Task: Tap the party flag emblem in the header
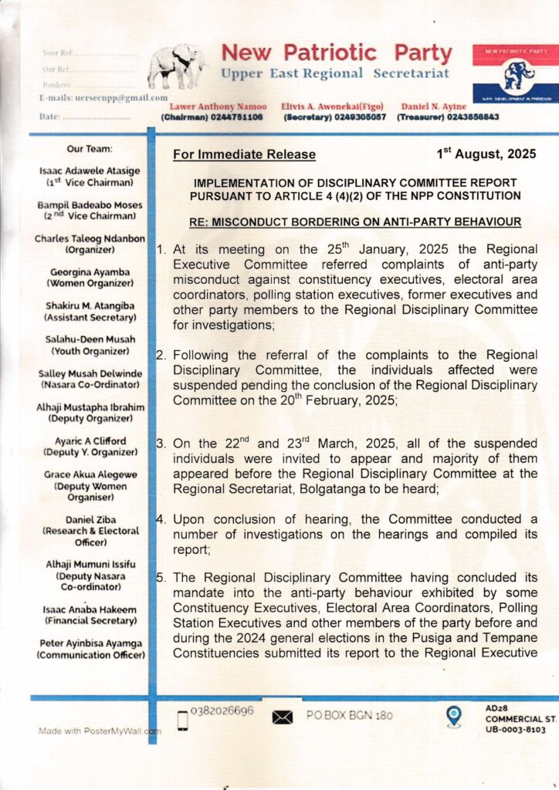[x=516, y=77]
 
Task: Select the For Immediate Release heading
[x=244, y=154]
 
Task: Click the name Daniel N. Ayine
[x=433, y=106]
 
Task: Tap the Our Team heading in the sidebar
[x=89, y=147]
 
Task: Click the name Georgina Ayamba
[x=89, y=272]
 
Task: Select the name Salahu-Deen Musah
[x=89, y=339]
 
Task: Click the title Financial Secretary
[x=90, y=620]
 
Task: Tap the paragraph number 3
[x=160, y=444]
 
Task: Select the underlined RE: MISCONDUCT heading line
[x=355, y=222]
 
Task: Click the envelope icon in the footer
[x=283, y=717]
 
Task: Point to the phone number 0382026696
[x=222, y=711]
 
